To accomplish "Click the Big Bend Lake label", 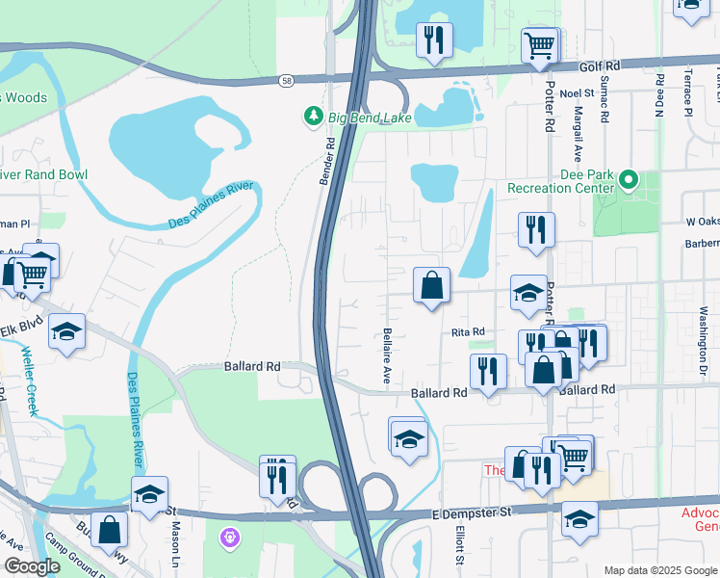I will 370,118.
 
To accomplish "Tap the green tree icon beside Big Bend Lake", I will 313,117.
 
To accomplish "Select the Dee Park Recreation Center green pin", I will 629,179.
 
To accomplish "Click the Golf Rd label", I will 599,66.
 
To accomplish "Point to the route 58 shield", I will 287,80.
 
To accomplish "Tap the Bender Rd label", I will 328,162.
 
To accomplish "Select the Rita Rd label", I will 467,332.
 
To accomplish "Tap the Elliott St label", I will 460,544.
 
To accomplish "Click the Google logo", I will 32,566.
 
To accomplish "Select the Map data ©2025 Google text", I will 659,570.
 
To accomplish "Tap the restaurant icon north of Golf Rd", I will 433,40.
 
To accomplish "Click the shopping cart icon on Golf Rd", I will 540,44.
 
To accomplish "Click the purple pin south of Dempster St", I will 229,536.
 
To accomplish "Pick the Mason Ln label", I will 176,543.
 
